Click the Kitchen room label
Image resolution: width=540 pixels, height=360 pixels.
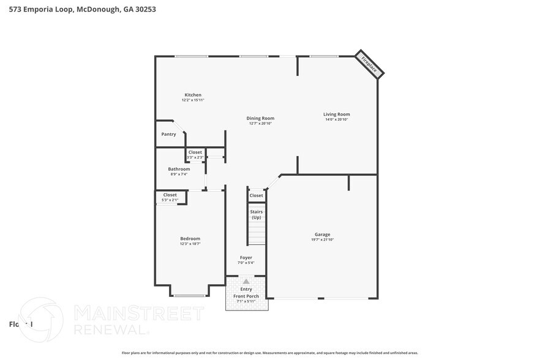click(193, 95)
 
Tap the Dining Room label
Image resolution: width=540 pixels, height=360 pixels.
click(260, 118)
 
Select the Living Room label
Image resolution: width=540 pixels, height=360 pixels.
click(337, 114)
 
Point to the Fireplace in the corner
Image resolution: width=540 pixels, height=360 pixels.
click(370, 64)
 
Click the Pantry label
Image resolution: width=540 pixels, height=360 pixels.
click(168, 134)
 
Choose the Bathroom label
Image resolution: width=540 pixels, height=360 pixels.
click(179, 169)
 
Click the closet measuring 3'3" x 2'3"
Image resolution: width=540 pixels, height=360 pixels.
click(195, 155)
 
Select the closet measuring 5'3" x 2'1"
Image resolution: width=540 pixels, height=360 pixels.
click(170, 198)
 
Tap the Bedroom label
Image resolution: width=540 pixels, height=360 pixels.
click(190, 238)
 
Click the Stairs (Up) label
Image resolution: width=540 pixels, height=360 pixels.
click(256, 214)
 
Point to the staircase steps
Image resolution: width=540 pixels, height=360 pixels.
click(257, 233)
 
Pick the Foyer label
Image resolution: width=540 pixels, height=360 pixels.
click(246, 258)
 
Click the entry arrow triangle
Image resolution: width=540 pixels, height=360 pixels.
click(246, 282)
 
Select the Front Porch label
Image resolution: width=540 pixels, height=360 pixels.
click(246, 296)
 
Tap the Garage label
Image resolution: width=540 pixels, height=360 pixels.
click(322, 234)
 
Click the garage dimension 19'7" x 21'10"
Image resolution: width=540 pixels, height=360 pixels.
click(322, 239)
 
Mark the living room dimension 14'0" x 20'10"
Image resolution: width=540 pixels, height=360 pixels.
click(337, 119)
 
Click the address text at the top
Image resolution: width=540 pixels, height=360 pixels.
click(73, 9)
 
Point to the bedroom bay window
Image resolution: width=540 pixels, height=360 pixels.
click(189, 296)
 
